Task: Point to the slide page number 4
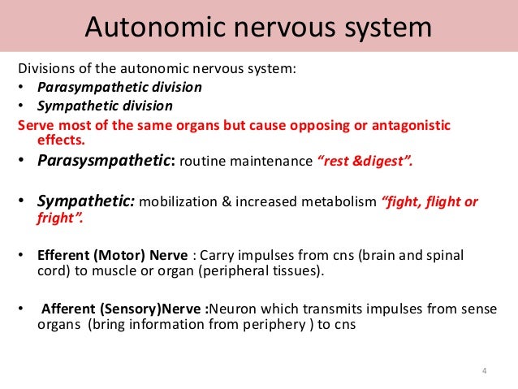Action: coord(484,372)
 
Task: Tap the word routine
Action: coord(201,161)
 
